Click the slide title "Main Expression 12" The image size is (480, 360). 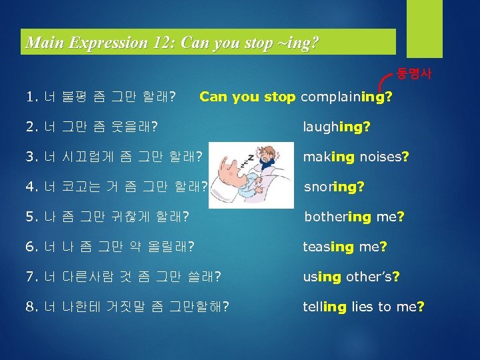click(x=172, y=43)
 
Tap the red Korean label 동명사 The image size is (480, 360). click(x=414, y=73)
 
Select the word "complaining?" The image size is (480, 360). click(x=346, y=97)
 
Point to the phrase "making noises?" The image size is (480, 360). click(x=356, y=157)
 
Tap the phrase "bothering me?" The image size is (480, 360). click(x=354, y=217)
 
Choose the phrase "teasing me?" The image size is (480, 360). click(x=345, y=247)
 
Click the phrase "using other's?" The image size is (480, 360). click(x=351, y=277)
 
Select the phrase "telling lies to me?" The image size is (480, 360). click(x=364, y=307)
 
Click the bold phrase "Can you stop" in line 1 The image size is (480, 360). click(x=247, y=97)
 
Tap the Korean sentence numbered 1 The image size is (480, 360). click(x=101, y=98)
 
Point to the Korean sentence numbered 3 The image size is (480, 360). click(x=114, y=157)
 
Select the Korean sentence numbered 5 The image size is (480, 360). click(x=107, y=217)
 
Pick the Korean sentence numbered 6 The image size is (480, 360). click(x=110, y=247)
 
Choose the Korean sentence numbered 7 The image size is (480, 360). click(x=123, y=277)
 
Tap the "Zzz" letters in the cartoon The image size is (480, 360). click(x=230, y=157)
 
